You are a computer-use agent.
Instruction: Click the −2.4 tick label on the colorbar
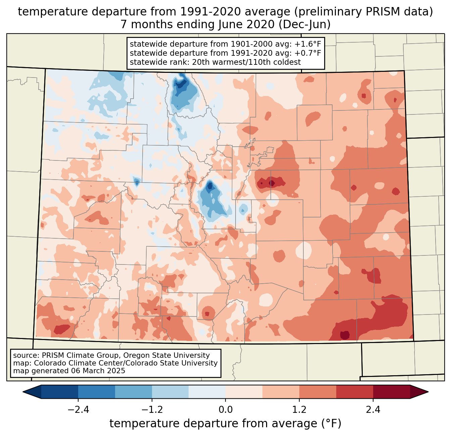point(78,410)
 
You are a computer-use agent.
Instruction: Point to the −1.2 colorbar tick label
point(152,410)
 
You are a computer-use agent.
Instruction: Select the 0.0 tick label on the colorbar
point(225,410)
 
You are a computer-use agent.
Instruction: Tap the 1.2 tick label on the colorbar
point(299,410)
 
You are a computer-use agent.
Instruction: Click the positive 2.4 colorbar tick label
point(373,410)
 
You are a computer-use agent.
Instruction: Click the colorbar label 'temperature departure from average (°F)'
point(225,424)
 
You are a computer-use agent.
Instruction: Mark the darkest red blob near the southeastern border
point(345,335)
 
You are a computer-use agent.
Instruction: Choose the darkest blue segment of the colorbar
point(60,392)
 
